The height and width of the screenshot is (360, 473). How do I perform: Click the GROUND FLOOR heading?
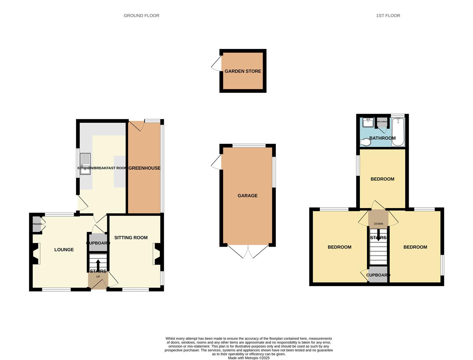tap(141, 16)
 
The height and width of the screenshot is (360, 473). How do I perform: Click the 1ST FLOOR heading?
tap(388, 16)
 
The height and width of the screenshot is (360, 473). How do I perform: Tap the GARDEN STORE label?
tap(243, 71)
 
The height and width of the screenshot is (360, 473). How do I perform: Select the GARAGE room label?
tap(247, 196)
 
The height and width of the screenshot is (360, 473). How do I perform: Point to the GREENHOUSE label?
tap(144, 168)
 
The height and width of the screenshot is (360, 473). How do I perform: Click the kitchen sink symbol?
tap(85, 163)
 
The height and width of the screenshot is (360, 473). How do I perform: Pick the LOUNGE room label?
tap(64, 250)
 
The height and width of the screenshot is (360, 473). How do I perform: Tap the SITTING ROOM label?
tap(131, 238)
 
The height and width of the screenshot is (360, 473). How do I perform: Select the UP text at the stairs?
tap(98, 277)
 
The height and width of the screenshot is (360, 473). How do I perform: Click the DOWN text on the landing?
tap(378, 224)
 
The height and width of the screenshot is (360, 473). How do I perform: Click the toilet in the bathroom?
tap(365, 142)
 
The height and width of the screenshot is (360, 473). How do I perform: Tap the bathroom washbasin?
tap(368, 122)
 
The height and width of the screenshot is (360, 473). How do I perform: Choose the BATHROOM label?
tap(382, 138)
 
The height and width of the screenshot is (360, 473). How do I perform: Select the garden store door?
tap(216, 64)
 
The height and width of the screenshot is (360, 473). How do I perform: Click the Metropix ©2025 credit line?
tap(248, 358)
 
